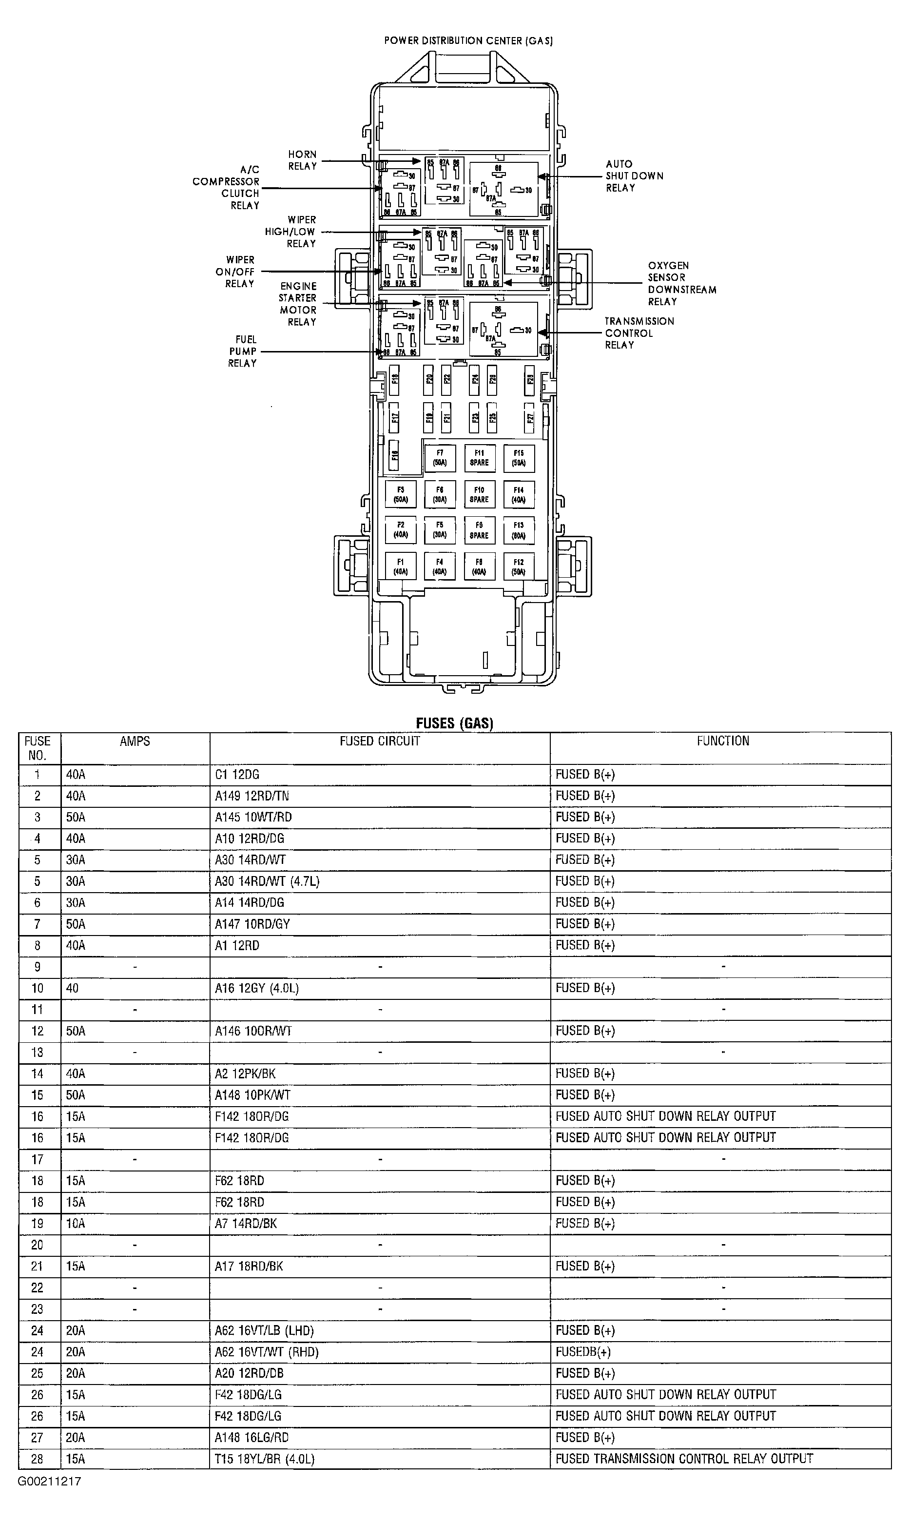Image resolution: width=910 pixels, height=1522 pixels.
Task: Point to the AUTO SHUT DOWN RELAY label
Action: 634,176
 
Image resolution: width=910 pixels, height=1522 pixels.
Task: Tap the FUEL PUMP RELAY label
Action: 242,351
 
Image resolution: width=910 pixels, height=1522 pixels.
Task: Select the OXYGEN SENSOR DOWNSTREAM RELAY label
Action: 681,283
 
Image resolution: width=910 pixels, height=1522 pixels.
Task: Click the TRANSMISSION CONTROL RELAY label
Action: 639,333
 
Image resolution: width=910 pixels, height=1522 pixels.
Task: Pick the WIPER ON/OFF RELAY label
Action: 240,272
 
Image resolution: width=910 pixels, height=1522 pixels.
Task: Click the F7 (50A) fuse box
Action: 440,458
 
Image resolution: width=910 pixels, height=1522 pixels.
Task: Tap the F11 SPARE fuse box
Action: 479,458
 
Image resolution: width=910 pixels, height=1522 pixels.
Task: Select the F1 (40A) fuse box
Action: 401,566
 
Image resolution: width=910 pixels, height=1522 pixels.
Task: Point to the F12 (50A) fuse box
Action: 519,566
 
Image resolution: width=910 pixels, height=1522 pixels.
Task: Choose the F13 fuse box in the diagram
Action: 519,530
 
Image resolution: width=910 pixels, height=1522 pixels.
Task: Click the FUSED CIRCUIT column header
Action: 380,741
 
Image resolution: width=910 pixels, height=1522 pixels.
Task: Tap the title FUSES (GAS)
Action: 454,723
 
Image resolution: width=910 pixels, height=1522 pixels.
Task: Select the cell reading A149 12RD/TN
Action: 252,796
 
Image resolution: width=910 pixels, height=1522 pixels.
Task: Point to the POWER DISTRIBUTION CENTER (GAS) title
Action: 468,41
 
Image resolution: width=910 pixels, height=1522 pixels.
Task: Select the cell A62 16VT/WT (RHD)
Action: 267,1352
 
